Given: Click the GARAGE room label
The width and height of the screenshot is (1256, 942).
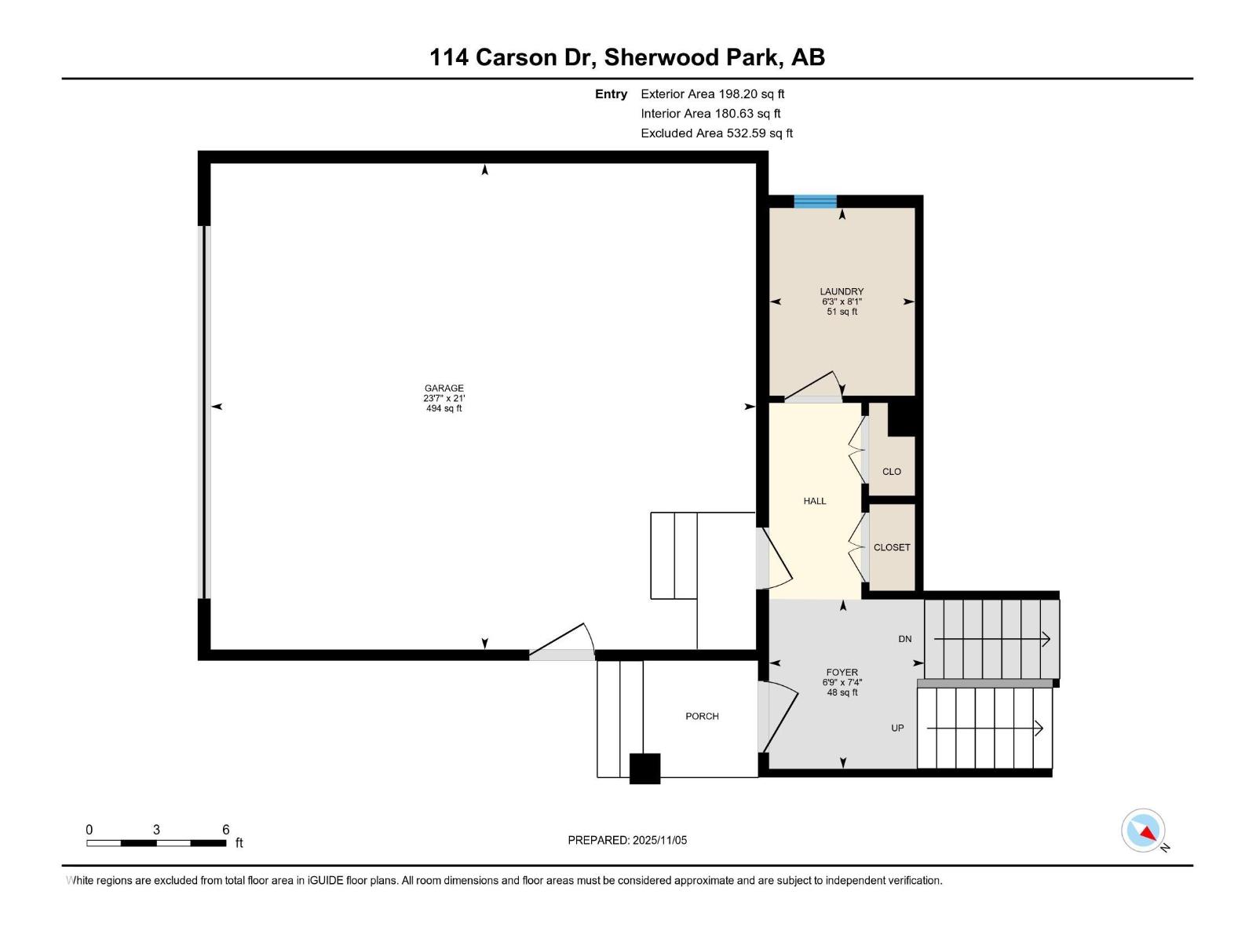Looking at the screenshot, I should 444,388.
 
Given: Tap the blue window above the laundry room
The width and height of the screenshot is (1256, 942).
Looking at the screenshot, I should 815,202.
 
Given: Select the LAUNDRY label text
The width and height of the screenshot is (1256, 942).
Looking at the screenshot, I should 842,291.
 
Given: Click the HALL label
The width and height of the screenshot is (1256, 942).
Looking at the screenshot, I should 815,501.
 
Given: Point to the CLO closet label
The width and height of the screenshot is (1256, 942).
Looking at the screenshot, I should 892,472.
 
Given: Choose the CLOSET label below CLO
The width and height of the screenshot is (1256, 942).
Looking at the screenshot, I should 892,547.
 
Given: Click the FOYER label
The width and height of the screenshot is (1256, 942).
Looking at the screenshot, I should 842,672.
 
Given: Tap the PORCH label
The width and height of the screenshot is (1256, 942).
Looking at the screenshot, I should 702,716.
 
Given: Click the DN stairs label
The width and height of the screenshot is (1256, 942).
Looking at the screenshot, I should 905,639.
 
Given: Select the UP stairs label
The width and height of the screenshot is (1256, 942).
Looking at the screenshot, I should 897,728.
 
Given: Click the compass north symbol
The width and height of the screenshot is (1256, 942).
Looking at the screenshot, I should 1144,831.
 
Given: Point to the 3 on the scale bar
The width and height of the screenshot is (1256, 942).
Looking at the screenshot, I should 156,830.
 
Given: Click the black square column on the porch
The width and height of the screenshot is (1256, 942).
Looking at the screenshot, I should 644,769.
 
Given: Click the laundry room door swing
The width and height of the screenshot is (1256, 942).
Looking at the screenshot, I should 816,386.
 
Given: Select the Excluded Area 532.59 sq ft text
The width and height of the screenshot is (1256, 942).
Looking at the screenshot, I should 716,133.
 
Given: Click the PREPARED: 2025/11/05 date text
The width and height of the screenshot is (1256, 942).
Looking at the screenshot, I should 627,840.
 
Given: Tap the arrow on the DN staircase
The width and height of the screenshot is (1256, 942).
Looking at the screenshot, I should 1045,640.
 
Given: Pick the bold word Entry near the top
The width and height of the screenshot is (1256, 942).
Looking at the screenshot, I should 611,94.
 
